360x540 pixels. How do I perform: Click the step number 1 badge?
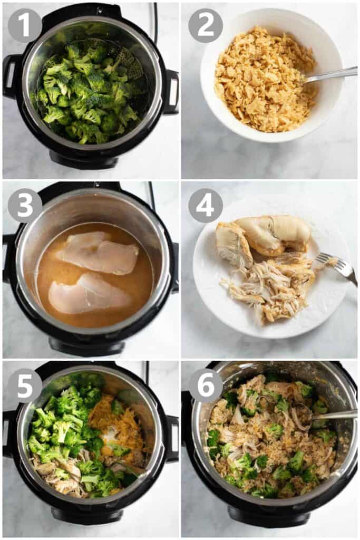click(x=25, y=25)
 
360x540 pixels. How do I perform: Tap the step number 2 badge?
click(x=206, y=25)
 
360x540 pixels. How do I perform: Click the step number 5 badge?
click(x=25, y=385)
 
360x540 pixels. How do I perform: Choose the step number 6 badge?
click(x=206, y=385)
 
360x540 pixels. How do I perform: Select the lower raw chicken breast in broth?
click(x=88, y=295)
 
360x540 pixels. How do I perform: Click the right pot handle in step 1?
click(x=171, y=92)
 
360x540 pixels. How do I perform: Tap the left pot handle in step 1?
click(x=9, y=76)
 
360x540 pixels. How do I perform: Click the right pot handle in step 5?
click(x=172, y=438)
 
